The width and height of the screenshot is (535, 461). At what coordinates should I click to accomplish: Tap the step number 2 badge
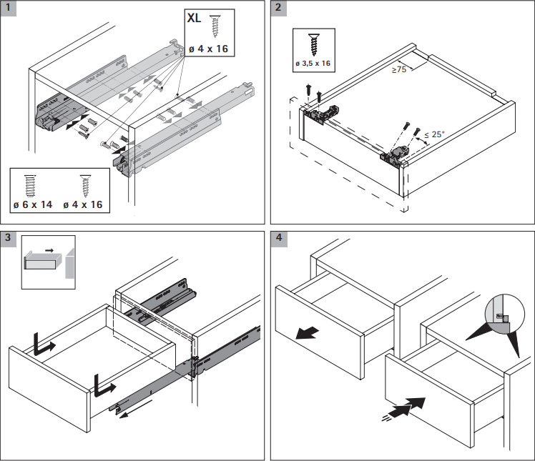(278, 9)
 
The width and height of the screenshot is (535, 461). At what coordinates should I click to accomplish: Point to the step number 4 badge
(278, 238)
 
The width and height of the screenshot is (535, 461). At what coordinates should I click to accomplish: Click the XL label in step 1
(194, 19)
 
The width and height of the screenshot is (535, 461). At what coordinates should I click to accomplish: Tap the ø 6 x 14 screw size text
(33, 204)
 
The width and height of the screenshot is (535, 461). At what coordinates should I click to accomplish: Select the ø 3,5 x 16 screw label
(313, 64)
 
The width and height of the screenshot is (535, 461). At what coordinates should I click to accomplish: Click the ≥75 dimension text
(399, 70)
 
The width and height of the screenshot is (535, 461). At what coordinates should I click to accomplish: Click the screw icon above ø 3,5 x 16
(313, 43)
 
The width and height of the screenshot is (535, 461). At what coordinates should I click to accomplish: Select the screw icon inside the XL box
(215, 25)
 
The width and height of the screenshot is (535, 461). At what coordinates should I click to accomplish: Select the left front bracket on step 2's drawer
(320, 112)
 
